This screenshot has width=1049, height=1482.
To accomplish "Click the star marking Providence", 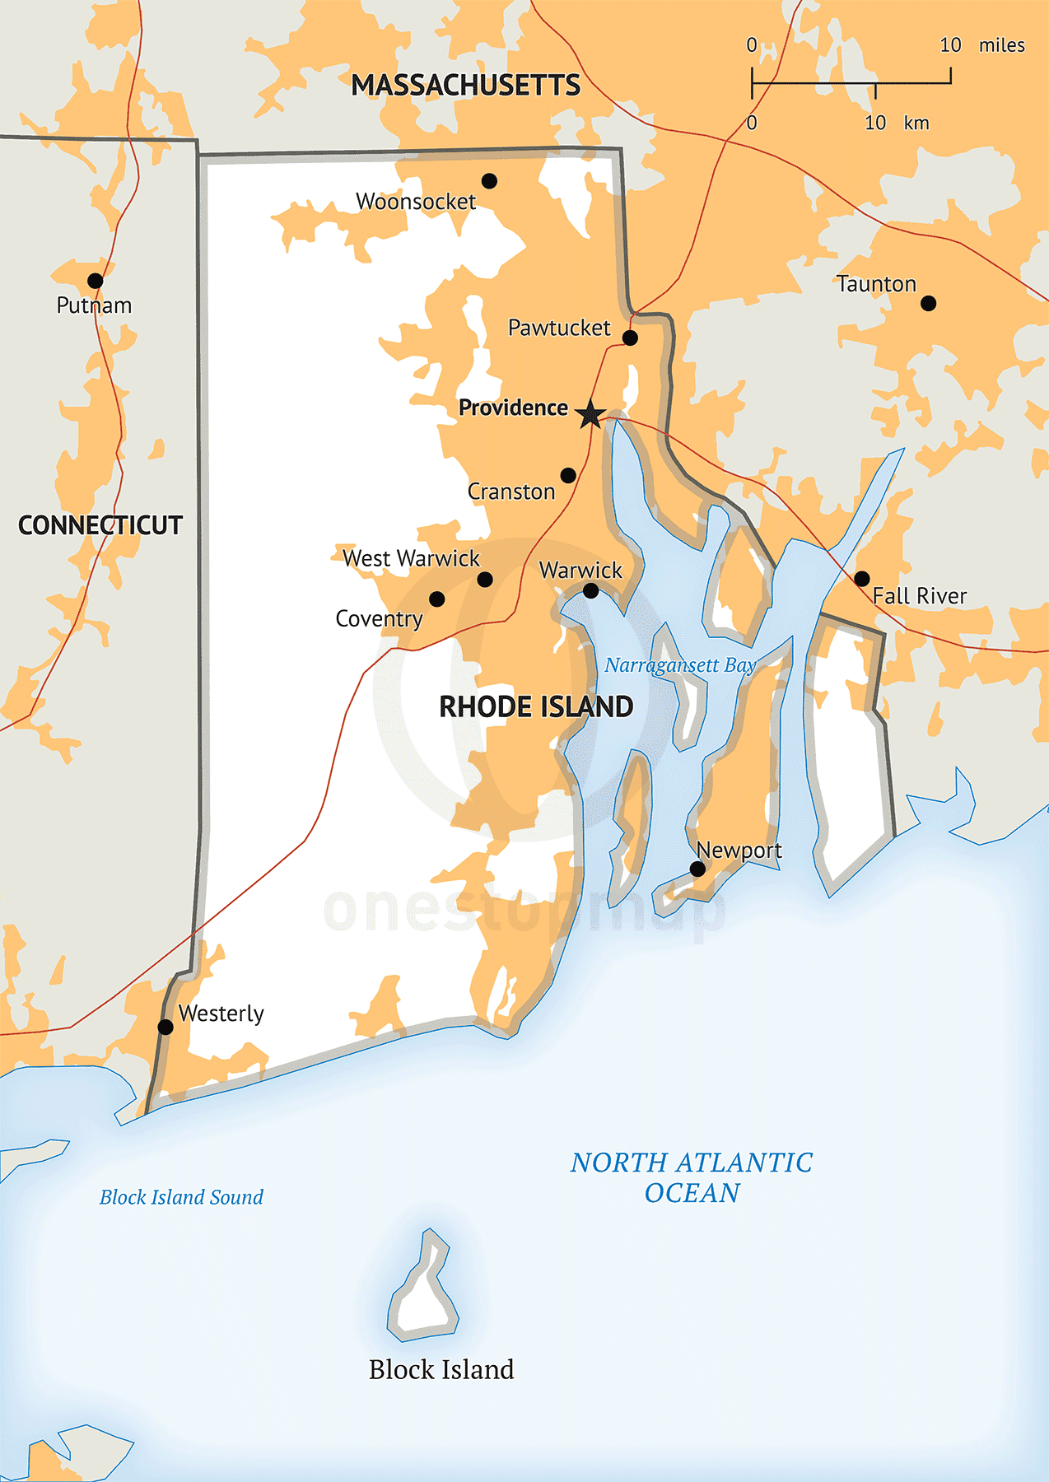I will point(590,414).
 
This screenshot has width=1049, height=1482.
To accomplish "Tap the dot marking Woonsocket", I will point(489,181).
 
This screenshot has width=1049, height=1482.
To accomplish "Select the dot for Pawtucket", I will point(630,338).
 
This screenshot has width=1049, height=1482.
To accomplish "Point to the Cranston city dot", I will point(568,476).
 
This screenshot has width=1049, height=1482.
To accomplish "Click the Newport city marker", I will point(697,869).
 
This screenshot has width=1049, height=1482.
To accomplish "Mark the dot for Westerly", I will point(166,1027).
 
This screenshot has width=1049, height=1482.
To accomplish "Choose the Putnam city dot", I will point(96,281).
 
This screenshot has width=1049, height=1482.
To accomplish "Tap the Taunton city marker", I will point(928,303).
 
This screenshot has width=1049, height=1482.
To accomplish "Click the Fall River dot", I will point(861,578).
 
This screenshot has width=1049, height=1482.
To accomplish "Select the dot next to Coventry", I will point(437,599).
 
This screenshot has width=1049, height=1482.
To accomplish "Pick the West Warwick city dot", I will point(485,580).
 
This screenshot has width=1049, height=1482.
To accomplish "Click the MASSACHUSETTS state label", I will point(465,86).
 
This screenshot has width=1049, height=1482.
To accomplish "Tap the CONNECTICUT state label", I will point(100,525).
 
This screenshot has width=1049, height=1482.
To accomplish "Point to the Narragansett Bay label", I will point(679,665).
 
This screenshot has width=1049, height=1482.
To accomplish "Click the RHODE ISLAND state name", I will point(536,706).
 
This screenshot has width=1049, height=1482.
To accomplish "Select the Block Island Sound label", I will point(181,1197).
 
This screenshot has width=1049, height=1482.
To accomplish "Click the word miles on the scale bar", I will point(1001,45).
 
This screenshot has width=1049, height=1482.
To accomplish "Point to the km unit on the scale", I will point(916,123).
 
